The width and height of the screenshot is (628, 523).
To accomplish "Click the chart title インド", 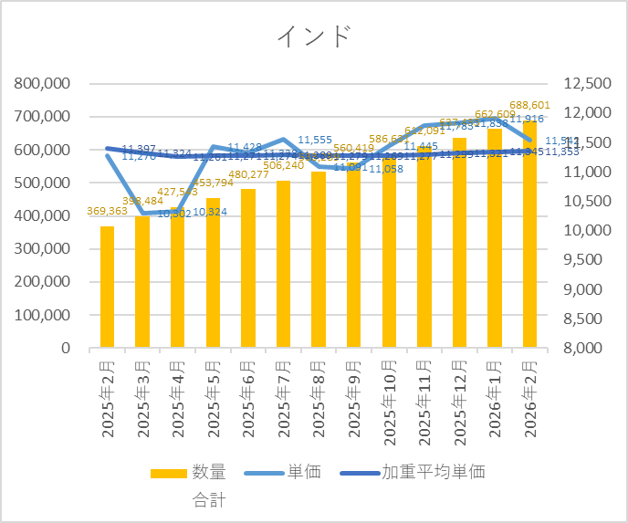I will pyautogui.click(x=313, y=37).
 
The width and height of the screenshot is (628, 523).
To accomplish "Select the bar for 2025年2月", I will pyautogui.click(x=107, y=287).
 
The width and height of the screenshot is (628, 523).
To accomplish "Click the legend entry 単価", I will pyautogui.click(x=302, y=472).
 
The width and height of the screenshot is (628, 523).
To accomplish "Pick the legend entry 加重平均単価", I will pyautogui.click(x=433, y=472).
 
